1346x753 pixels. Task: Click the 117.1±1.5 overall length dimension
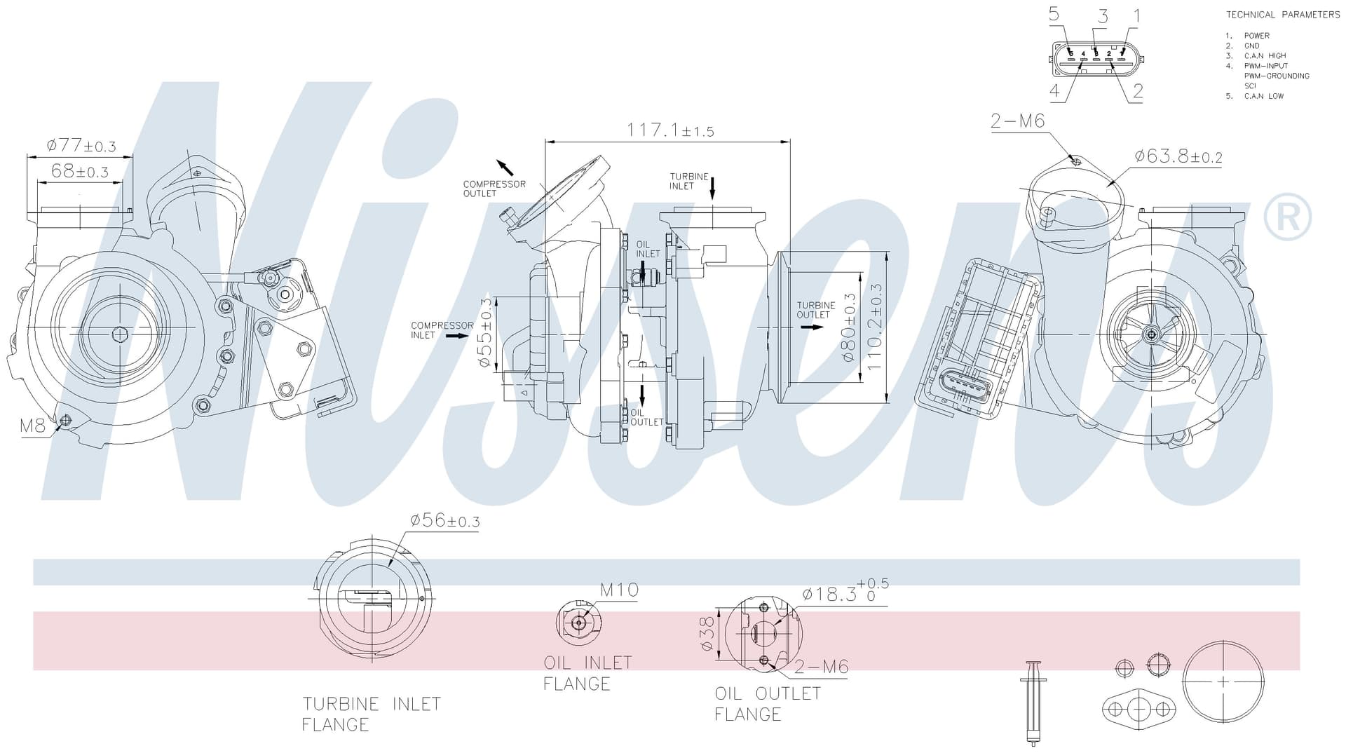coord(669,130)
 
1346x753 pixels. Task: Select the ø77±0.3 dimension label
coord(81,146)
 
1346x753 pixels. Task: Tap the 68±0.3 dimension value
coord(80,171)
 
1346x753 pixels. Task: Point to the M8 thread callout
coord(32,425)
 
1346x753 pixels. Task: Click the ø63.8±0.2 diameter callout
coord(1178,156)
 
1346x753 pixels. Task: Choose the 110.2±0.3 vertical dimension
coord(874,327)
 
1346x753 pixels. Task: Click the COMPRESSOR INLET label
coord(442,330)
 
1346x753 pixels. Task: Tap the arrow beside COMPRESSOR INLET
coord(458,336)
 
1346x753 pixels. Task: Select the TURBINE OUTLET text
coord(816,310)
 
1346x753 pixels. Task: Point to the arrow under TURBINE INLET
coord(712,188)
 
